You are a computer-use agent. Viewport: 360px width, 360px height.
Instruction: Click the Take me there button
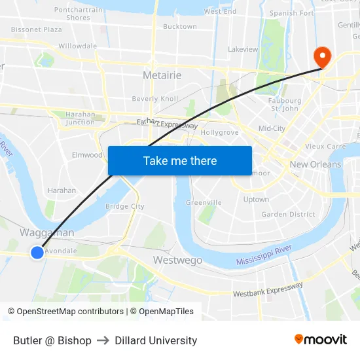click(x=179, y=160)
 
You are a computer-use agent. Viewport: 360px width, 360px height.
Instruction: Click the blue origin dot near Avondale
click(x=37, y=252)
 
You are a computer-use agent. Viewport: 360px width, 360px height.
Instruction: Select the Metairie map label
click(x=162, y=75)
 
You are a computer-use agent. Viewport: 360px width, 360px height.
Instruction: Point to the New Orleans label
click(x=315, y=164)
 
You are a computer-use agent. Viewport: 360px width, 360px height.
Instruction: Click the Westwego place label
click(x=177, y=261)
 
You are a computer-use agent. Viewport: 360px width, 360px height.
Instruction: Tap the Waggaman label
click(x=46, y=233)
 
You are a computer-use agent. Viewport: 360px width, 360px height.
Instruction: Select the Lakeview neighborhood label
click(x=243, y=49)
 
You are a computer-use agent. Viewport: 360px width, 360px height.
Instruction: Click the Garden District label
click(x=288, y=214)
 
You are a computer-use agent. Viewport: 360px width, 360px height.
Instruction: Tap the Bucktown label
click(x=179, y=27)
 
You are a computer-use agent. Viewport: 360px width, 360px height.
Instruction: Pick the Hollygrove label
click(x=219, y=132)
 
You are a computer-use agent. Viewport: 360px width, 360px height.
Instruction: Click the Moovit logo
click(x=321, y=340)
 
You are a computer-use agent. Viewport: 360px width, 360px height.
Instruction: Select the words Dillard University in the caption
click(x=156, y=340)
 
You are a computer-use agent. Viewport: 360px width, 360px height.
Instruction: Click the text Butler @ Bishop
click(x=52, y=340)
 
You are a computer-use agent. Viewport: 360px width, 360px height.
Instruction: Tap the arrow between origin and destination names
click(x=103, y=340)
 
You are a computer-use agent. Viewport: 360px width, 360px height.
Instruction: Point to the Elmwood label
click(x=87, y=155)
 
